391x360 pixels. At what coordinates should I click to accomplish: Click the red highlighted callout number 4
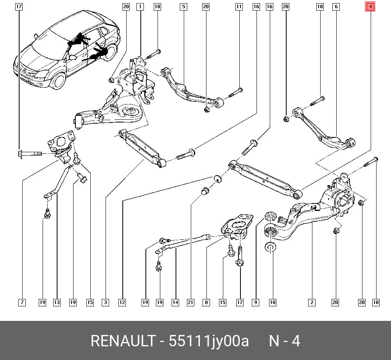click(x=370, y=7)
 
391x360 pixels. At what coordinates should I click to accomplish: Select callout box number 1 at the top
click(x=140, y=7)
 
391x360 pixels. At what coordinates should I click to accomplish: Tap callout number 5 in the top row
click(x=183, y=7)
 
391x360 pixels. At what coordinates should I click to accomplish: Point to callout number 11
click(x=239, y=7)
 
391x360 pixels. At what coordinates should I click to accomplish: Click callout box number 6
click(x=336, y=7)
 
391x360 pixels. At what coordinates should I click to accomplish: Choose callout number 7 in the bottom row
click(x=22, y=302)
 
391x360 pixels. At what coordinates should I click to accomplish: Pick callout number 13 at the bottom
click(x=57, y=302)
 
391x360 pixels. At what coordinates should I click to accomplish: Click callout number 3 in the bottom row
click(x=106, y=302)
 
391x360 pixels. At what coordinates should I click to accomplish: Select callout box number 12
click(x=122, y=302)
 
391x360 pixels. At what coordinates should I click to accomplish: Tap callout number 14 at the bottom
click(x=176, y=302)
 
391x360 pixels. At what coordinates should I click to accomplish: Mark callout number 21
click(x=190, y=302)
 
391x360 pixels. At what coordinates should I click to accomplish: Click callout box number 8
click(x=206, y=302)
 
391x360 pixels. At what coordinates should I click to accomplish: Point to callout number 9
click(x=256, y=302)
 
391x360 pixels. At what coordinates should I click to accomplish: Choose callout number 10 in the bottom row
click(x=273, y=302)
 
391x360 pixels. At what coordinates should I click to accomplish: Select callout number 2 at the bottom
click(x=312, y=302)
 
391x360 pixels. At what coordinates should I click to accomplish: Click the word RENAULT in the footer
click(x=123, y=341)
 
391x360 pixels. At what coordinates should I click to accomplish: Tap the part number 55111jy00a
click(x=209, y=341)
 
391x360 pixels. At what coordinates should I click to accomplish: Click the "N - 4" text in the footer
click(x=285, y=341)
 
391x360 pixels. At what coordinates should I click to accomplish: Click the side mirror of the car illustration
click(x=73, y=57)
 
